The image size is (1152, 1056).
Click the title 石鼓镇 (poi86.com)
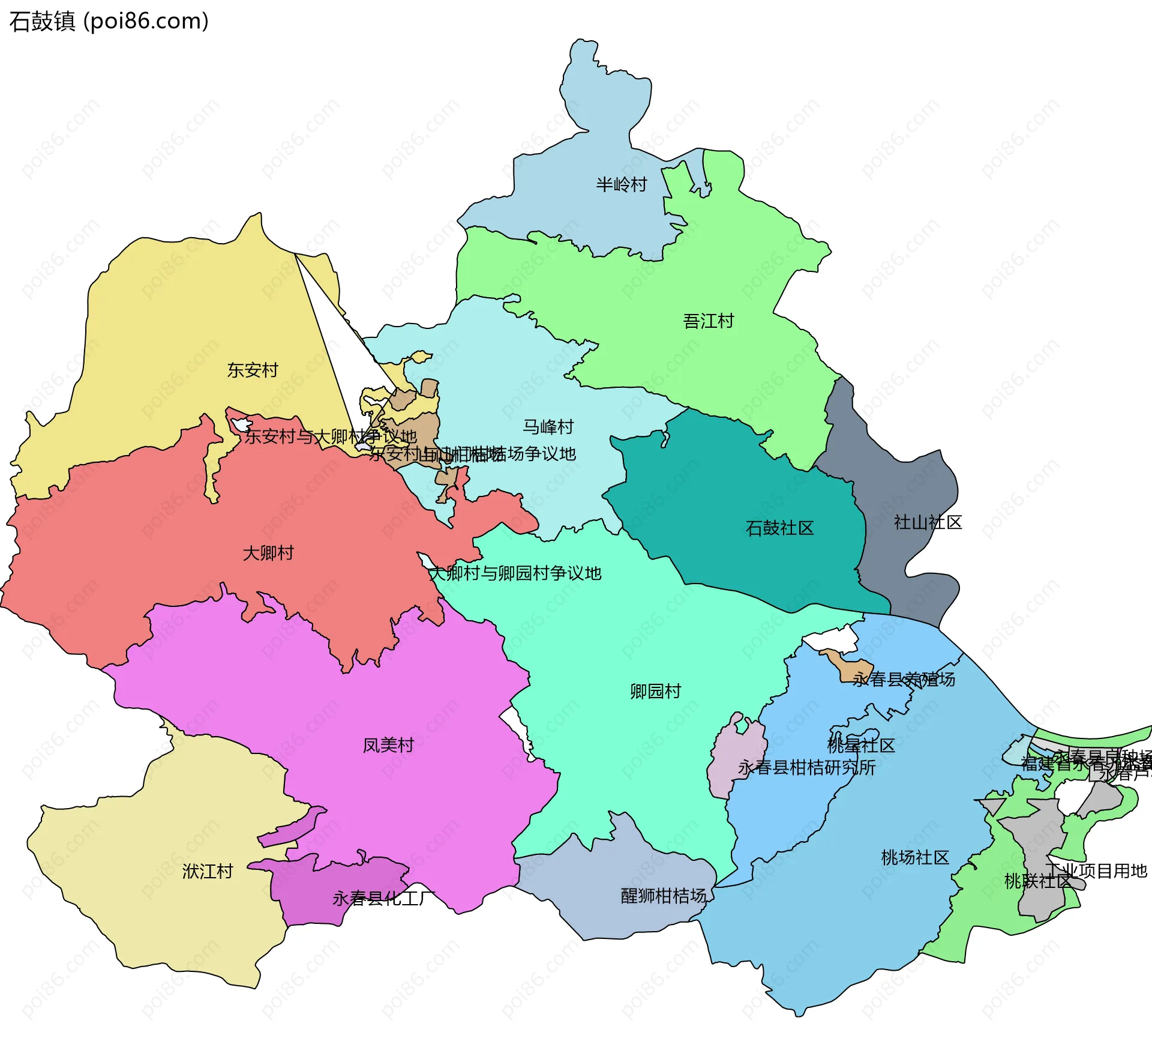point(109,21)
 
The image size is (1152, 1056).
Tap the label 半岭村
point(621,184)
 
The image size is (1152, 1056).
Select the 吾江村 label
point(708,321)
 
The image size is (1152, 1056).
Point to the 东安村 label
point(253,370)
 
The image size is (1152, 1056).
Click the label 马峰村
point(548,427)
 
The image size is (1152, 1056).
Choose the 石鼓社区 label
point(779,528)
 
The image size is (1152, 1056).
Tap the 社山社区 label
point(928,522)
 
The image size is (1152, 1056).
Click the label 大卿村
point(268,553)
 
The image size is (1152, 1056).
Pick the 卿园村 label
point(655,691)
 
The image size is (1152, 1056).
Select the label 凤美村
point(388,745)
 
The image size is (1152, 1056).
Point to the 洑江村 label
point(208,871)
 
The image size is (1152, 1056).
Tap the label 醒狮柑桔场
point(664,896)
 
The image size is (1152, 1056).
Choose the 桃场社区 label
point(915,857)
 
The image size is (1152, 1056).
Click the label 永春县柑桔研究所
point(806,767)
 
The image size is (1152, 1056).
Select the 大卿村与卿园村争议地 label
point(515,573)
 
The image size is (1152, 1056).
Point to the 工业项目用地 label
point(1096,870)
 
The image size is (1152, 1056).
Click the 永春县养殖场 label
point(904,679)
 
